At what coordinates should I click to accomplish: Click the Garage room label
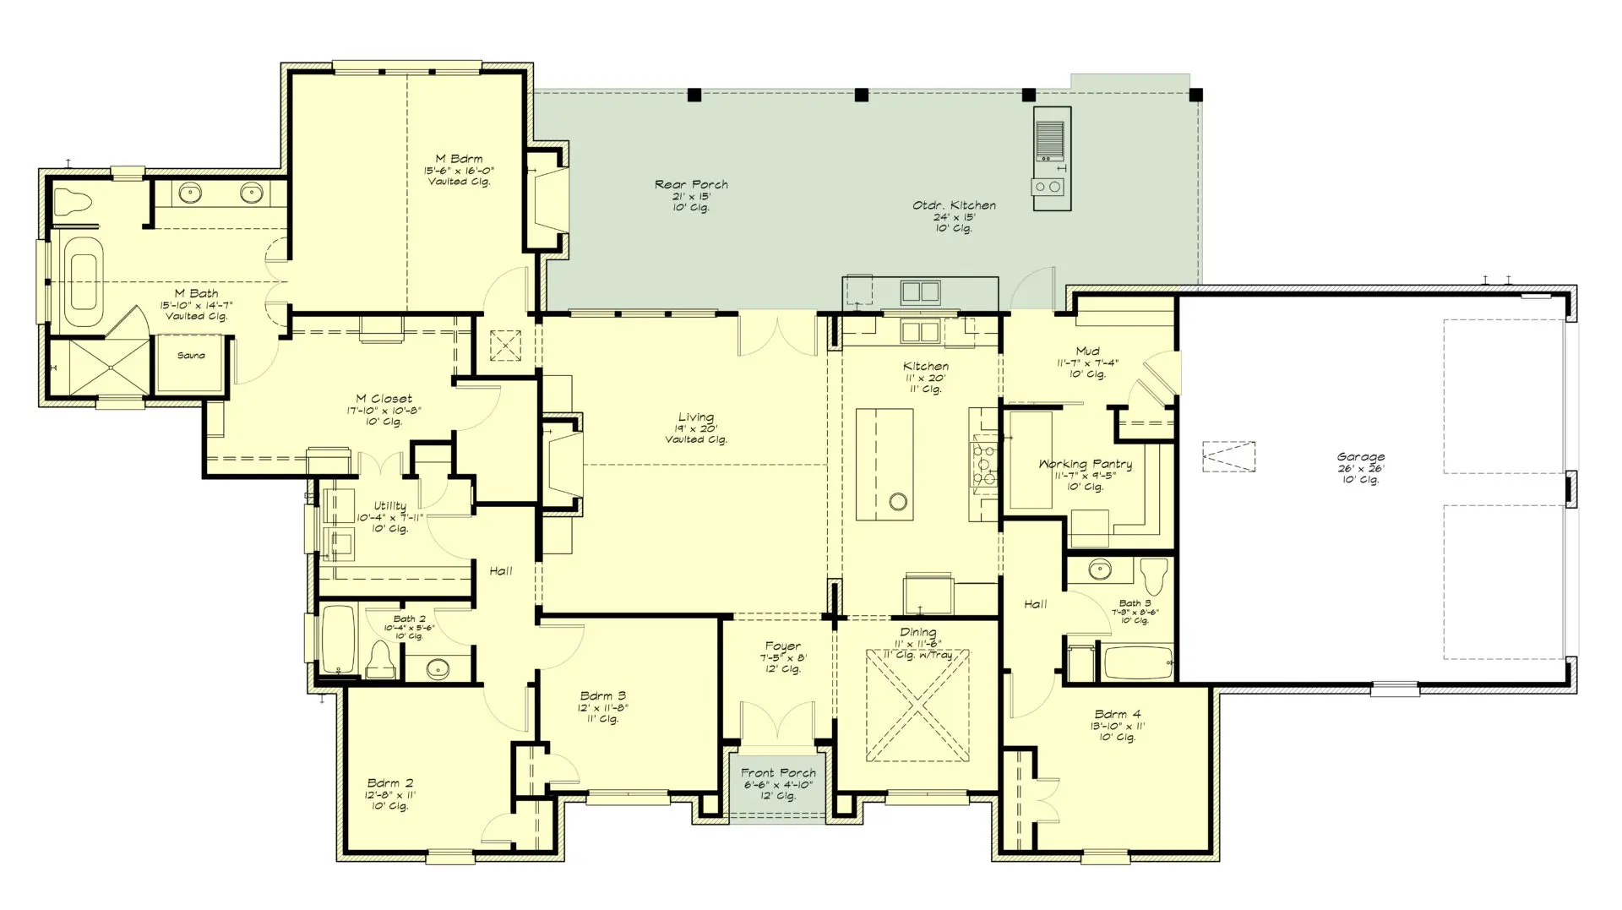click(1360, 457)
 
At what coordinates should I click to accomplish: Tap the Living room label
click(696, 417)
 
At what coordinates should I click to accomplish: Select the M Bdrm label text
click(459, 159)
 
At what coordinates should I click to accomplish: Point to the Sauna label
click(191, 356)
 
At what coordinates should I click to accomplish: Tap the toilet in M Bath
click(71, 202)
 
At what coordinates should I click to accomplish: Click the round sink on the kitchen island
click(898, 502)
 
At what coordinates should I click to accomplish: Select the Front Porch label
click(778, 773)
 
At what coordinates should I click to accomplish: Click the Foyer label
click(783, 646)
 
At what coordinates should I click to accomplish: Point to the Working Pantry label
click(1085, 464)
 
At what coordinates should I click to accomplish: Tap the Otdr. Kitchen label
click(954, 205)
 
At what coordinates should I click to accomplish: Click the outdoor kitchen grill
click(1050, 140)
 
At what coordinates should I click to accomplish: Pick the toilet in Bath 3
click(1152, 578)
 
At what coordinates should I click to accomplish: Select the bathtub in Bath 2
click(340, 640)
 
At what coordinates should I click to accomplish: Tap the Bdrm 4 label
click(1117, 714)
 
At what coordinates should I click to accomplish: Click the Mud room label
click(1087, 351)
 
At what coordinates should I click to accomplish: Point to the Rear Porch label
click(691, 184)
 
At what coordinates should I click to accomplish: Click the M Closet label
click(384, 399)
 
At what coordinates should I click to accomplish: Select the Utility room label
click(389, 506)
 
